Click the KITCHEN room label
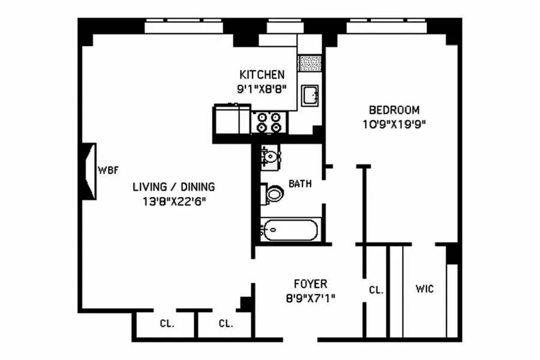262,75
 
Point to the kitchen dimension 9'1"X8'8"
262,88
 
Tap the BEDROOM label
394,110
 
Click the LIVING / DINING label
173,187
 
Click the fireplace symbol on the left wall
89,170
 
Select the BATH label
300,184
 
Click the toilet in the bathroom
273,194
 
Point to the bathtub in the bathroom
292,230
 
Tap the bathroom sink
269,157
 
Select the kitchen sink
310,95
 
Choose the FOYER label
310,284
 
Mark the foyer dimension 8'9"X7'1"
310,297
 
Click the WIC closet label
425,289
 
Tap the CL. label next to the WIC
376,290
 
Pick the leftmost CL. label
167,324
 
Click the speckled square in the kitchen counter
310,63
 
